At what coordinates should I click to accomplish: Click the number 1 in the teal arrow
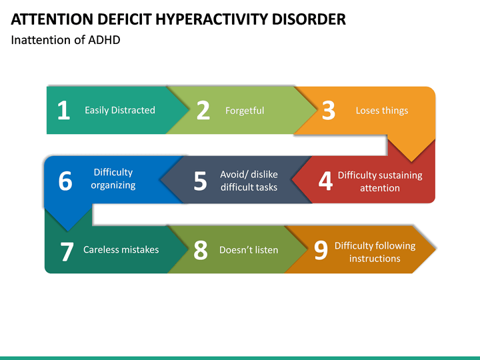tap(63, 111)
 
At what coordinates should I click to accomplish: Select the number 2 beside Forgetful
tap(203, 111)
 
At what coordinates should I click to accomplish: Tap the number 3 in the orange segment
tap(328, 111)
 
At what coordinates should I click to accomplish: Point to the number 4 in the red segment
tap(325, 181)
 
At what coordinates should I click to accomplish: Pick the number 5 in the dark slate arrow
tap(200, 181)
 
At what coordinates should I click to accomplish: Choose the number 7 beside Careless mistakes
tap(67, 251)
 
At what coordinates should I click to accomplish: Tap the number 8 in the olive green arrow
tap(201, 251)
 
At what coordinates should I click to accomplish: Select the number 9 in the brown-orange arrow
tap(321, 251)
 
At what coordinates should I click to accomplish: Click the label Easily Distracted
tap(120, 110)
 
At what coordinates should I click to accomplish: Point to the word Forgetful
tap(245, 111)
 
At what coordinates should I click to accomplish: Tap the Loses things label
tap(382, 111)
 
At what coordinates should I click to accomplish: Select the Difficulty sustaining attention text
tap(380, 181)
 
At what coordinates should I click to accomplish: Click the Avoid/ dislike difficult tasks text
tap(249, 181)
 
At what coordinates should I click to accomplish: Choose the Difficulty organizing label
tap(113, 179)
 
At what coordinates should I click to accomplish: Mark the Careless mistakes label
tap(121, 250)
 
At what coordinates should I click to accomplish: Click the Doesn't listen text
tap(249, 251)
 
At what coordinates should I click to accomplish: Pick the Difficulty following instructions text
tap(375, 252)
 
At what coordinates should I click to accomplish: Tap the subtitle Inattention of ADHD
tap(66, 40)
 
